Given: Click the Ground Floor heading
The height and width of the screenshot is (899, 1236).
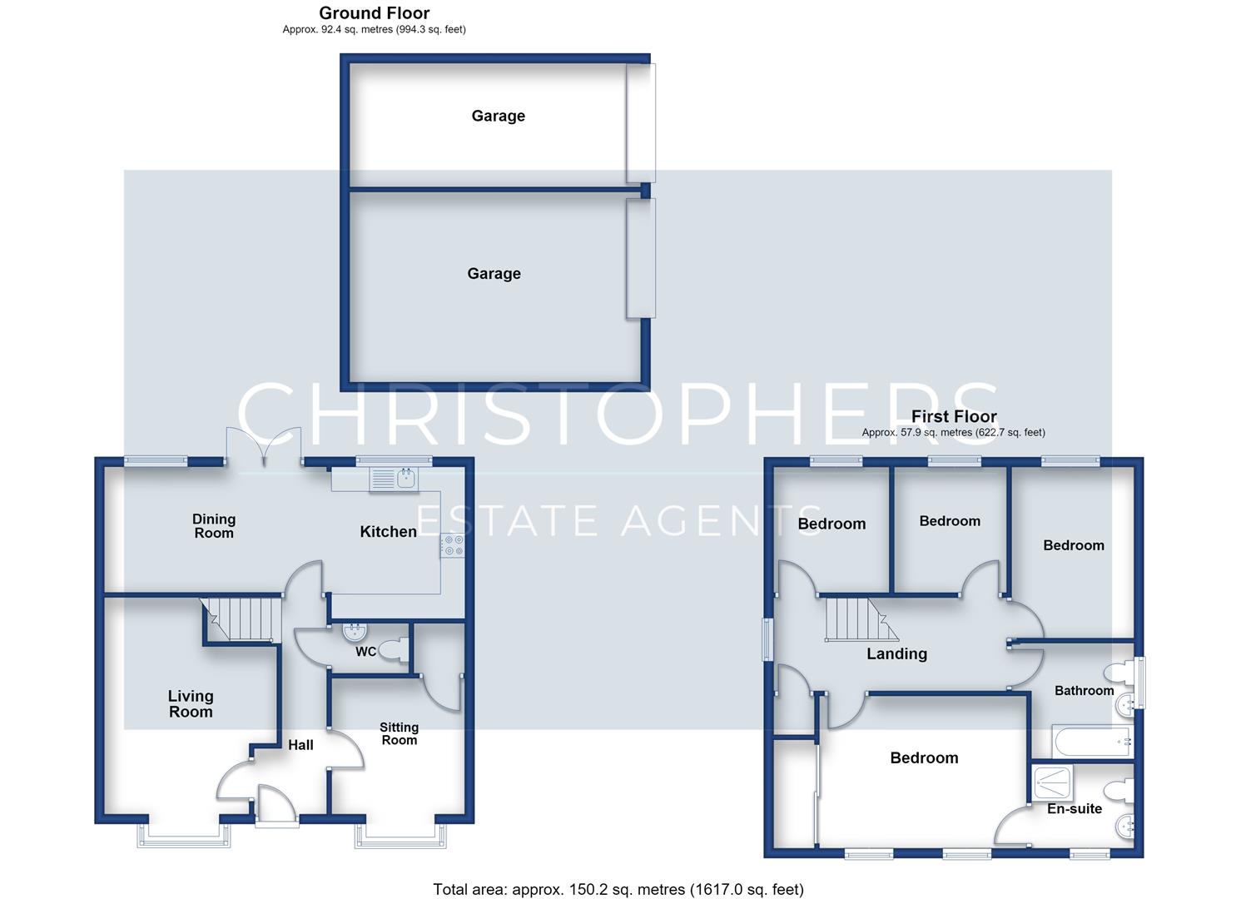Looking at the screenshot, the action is point(374,12).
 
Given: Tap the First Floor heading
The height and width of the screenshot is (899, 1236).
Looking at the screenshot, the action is point(954,416).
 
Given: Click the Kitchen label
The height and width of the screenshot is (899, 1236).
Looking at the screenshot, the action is point(388,531).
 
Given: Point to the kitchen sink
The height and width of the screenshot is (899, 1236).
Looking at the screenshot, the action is point(394,478).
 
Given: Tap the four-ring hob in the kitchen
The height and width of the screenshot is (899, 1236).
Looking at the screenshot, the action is point(453,545).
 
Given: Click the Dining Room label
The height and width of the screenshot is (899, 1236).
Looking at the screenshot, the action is point(214,526).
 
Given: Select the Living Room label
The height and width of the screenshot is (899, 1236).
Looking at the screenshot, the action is point(191,703).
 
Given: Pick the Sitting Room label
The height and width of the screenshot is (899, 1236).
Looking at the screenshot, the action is point(399,733).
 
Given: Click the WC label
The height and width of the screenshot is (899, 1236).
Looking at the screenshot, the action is point(365,652).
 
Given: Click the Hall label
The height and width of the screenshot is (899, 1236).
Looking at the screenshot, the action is point(300,745).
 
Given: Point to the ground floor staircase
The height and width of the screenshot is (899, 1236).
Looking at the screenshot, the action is point(241,619).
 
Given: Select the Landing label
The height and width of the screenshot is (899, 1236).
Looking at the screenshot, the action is point(896,654).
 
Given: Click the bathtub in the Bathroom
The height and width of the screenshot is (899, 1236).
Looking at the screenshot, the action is point(1093,741).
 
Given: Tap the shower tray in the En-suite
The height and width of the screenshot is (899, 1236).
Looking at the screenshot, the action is point(1052,782).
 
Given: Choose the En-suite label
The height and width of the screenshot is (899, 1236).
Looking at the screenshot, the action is point(1075,808).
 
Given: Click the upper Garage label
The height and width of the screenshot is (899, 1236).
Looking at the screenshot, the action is point(499,116).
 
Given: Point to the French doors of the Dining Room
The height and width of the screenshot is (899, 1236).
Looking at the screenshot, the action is point(264,448).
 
